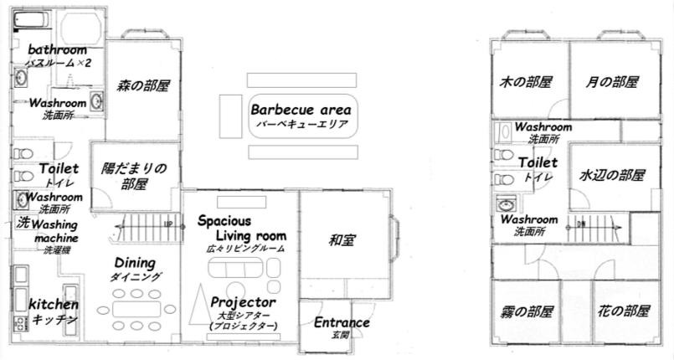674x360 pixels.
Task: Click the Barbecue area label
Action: point(301,110)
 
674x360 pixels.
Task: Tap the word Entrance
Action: point(342,322)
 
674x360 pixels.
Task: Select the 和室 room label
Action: point(342,240)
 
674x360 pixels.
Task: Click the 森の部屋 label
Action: point(143,85)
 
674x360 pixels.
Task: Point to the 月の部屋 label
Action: point(612,81)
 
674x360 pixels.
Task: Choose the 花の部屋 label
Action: point(623,311)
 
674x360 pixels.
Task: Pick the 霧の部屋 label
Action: point(526,311)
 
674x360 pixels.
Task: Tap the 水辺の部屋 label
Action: point(612,175)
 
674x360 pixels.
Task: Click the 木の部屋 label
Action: point(525,81)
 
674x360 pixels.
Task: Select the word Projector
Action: point(243,302)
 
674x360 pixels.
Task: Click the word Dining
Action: point(135,263)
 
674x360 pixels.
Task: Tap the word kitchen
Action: point(54,305)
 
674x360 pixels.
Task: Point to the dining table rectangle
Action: point(136,309)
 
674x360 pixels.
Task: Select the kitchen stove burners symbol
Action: point(20,323)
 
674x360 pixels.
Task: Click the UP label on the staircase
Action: point(168,224)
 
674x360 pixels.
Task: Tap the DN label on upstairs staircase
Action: point(581,224)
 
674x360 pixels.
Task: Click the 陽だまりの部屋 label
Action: point(134,176)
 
